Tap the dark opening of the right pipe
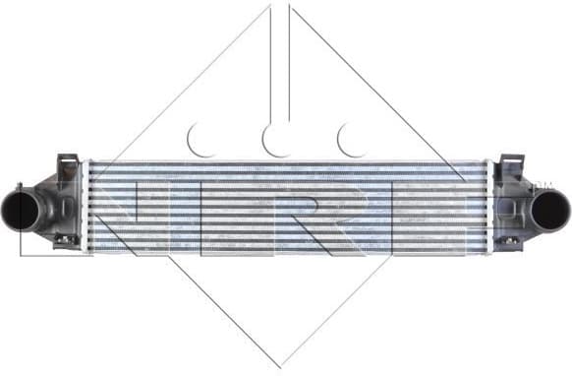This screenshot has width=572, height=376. tap(551, 208)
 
